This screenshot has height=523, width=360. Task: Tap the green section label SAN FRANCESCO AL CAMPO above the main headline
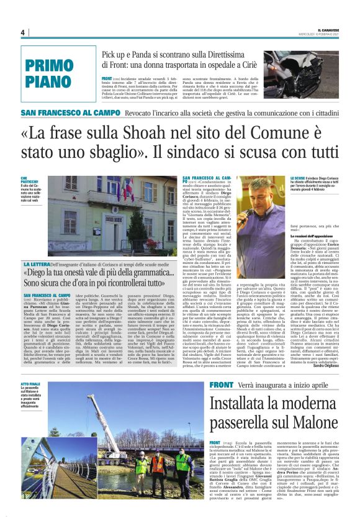(70, 114)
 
